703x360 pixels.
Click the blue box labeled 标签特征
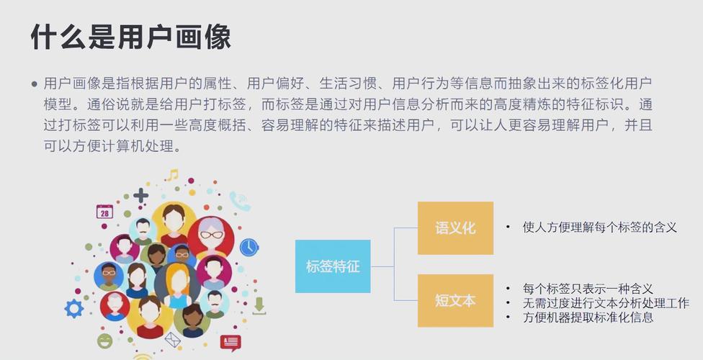(x=333, y=266)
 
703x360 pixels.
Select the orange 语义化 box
(x=455, y=228)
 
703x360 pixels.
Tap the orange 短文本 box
(x=455, y=300)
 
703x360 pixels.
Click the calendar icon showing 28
(x=104, y=212)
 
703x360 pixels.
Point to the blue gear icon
(x=74, y=309)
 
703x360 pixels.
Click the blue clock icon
(x=248, y=248)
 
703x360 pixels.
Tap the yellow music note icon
(x=172, y=175)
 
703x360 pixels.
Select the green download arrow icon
(x=259, y=306)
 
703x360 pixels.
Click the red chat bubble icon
(x=230, y=343)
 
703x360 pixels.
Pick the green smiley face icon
(x=105, y=341)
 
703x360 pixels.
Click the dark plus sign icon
(x=140, y=195)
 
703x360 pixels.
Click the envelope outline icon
(x=173, y=340)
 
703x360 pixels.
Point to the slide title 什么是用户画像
(x=131, y=37)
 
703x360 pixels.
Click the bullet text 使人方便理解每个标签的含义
(x=599, y=228)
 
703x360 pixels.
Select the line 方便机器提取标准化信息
(x=588, y=318)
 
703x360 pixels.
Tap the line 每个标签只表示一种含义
(x=588, y=288)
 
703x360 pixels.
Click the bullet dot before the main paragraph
(x=35, y=84)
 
